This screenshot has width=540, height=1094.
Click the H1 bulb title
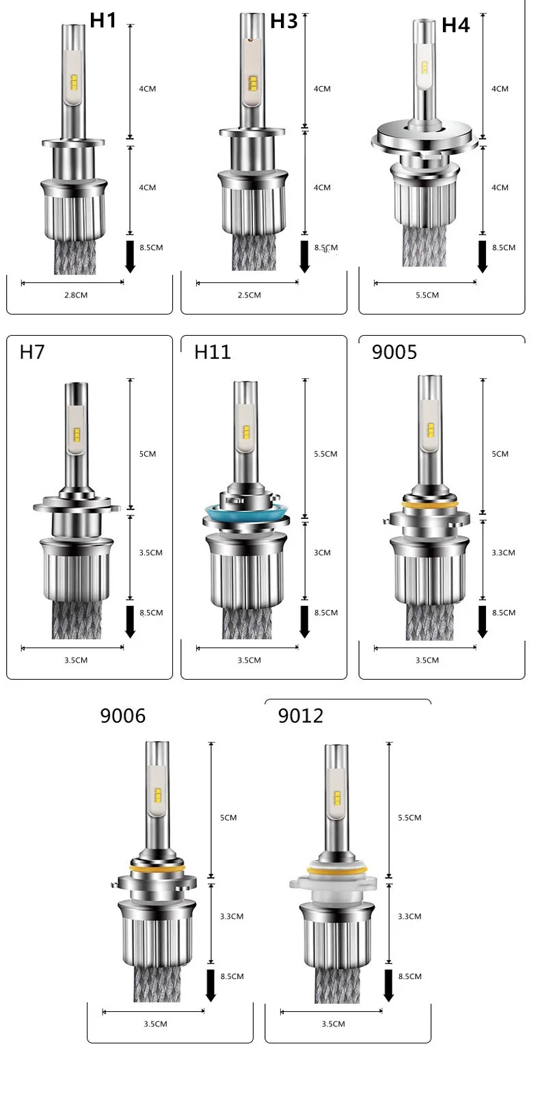[x=103, y=21]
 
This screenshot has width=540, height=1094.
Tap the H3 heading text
[x=284, y=21]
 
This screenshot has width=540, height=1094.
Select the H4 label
[x=455, y=25]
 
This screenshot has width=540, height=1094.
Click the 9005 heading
[x=394, y=352]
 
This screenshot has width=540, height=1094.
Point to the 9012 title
[x=301, y=716]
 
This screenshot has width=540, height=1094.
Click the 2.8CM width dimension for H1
[x=76, y=295]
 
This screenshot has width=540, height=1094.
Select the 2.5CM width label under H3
[x=249, y=295]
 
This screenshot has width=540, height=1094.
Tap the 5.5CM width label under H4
[x=427, y=295]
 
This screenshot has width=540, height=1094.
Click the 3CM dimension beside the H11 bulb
[x=322, y=552]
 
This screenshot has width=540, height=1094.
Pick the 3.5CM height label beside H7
[x=151, y=552]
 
